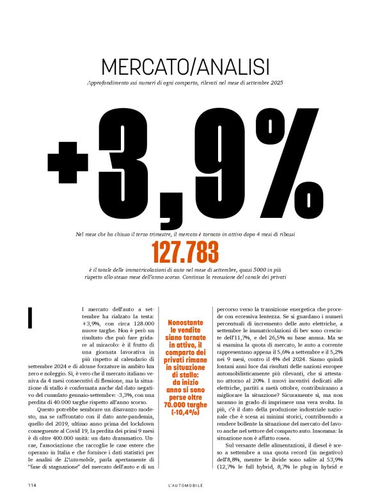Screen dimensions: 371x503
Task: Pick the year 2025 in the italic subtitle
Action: (x=276, y=84)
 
